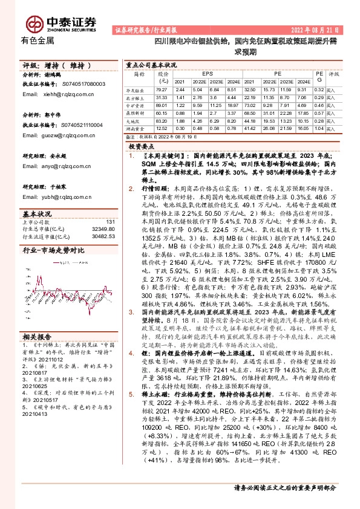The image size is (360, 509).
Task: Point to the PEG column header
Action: click(x=318, y=76)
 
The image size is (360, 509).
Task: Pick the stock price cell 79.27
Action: click(x=162, y=89)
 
